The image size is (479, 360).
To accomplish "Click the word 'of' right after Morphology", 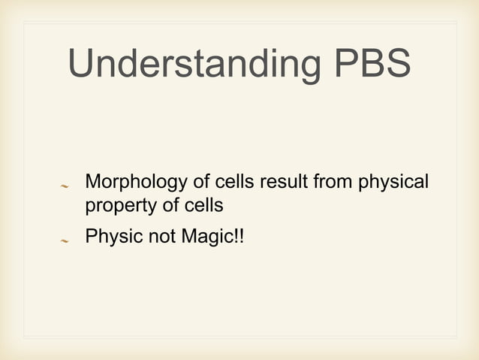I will point(202,183).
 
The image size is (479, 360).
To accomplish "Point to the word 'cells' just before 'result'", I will point(236,183).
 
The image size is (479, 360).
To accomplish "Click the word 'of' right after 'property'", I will point(161,204).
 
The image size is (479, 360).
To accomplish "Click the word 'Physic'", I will point(110,238).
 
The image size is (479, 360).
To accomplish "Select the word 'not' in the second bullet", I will point(155,238).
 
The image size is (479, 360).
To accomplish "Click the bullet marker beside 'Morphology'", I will point(65,185).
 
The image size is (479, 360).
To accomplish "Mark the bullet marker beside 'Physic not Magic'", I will point(65,241).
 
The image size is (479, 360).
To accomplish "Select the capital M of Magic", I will point(186,238).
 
